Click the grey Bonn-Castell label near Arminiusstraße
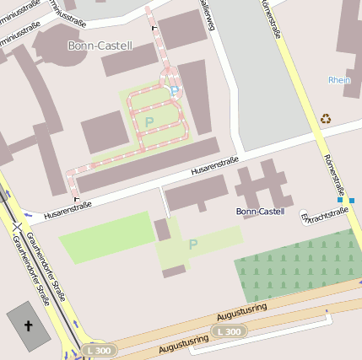coord(100,46)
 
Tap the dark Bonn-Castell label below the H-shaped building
coord(260,211)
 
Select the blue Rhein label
coord(338,80)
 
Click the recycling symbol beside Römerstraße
coord(326,119)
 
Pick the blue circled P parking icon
coord(174,91)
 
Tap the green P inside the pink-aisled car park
coord(149,122)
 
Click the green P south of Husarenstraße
coord(192,244)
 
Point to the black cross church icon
coord(28,325)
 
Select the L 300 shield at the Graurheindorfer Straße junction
coord(97,349)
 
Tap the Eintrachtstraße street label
coord(325,215)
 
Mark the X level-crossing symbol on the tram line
coord(16,225)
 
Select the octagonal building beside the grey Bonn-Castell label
coord(57,48)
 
